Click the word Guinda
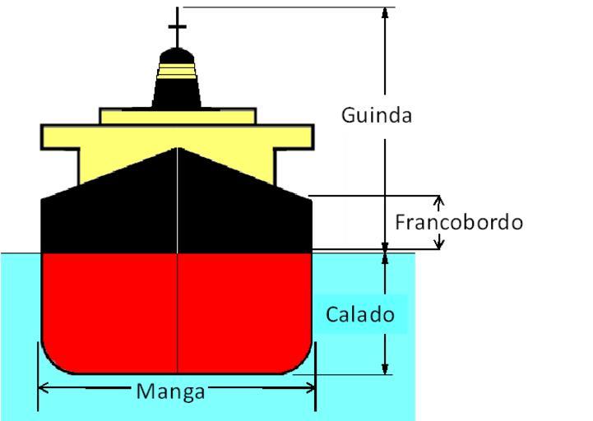[x=377, y=115]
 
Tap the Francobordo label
[x=459, y=222]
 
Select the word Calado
[x=360, y=314]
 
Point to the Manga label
[x=170, y=391]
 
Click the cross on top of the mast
[x=177, y=26]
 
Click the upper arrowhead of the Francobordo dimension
[x=438, y=201]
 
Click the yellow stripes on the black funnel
[x=177, y=72]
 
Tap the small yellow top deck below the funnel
[x=177, y=116]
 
